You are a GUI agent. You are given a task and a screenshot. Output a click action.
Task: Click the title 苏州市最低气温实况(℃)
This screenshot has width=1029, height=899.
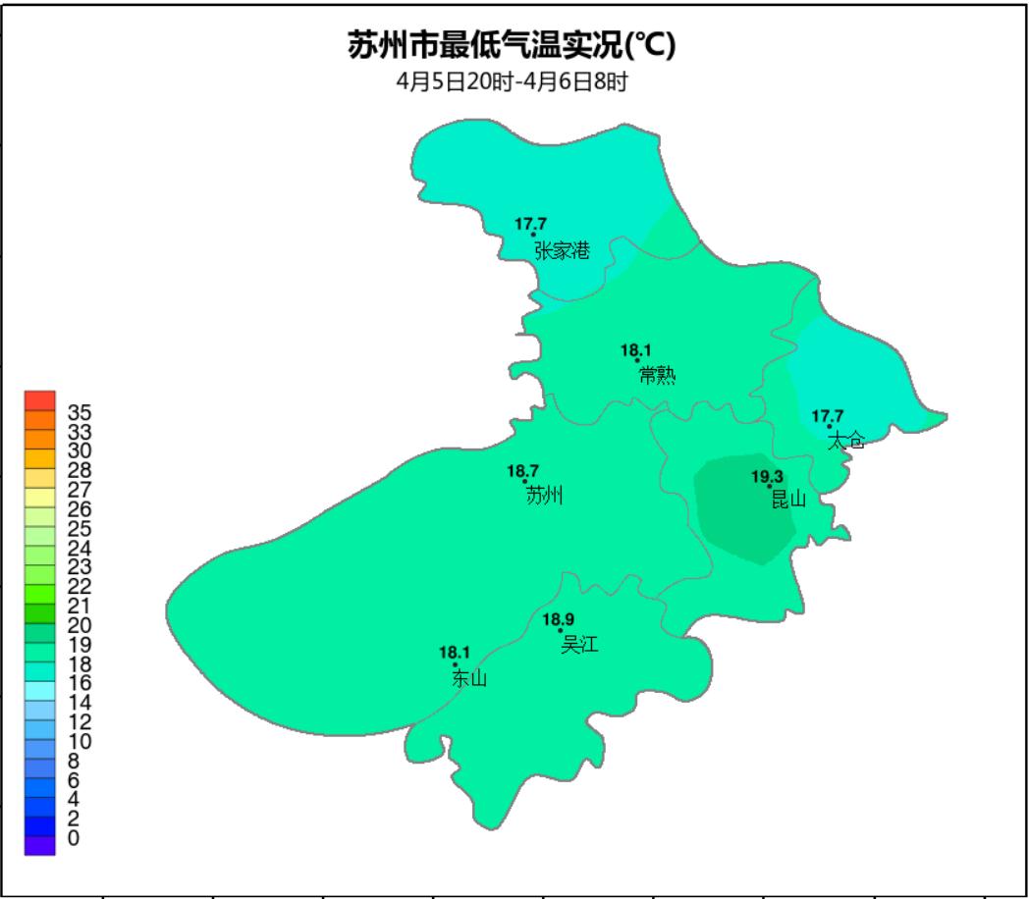[512, 46]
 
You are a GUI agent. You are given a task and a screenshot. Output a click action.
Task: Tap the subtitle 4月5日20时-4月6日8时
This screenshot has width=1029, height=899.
[512, 82]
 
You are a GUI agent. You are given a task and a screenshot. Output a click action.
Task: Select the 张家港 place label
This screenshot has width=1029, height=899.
[563, 251]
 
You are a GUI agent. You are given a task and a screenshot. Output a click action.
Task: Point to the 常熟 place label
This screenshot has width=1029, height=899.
[657, 376]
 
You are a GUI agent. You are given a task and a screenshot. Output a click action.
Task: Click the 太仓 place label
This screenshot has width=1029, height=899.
[846, 441]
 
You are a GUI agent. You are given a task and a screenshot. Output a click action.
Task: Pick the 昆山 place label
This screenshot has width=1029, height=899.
[787, 500]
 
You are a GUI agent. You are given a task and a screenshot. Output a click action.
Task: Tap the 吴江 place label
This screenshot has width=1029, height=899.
[579, 645]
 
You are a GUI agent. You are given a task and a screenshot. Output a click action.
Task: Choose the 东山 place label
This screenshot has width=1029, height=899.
[469, 678]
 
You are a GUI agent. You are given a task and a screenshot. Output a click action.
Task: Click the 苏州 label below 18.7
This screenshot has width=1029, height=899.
[545, 497]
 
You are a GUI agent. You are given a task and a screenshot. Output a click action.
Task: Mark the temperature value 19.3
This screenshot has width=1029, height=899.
[768, 477]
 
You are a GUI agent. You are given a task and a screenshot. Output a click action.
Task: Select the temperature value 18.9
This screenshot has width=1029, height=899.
[559, 619]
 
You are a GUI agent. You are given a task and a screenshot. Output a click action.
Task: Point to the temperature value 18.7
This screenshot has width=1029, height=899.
[522, 472]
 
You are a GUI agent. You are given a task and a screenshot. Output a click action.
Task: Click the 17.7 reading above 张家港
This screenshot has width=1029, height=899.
[530, 224]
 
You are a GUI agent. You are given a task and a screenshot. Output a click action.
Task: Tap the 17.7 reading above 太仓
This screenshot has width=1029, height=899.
[827, 416]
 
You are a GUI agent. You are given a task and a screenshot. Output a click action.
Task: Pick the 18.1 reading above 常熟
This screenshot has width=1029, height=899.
[636, 349]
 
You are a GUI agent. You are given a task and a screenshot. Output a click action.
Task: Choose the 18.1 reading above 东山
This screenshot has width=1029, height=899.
[455, 653]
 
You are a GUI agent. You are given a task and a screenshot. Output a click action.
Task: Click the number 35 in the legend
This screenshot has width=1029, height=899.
[80, 411]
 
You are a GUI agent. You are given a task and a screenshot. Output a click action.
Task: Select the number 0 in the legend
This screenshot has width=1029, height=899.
[74, 838]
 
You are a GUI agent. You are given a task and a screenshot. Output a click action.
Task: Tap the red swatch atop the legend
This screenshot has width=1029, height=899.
[40, 400]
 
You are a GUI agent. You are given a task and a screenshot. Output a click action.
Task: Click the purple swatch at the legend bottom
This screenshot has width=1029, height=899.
[40, 846]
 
